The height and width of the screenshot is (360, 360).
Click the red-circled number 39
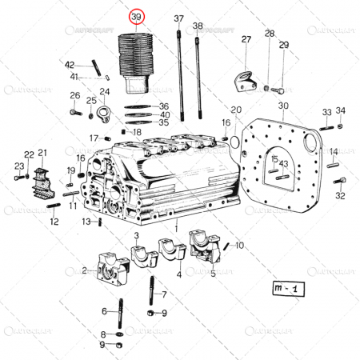[138, 17]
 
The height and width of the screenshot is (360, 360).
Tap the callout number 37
[178, 18]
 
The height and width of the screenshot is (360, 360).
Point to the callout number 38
[198, 26]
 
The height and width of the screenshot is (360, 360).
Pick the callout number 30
[283, 106]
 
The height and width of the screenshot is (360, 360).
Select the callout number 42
[70, 65]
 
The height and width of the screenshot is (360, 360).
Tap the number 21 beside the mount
[42, 152]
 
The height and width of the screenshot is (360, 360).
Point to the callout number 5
[213, 274]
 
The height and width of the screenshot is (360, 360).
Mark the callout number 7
[163, 294]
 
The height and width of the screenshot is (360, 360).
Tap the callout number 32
[340, 195]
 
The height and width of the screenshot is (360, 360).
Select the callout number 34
[341, 110]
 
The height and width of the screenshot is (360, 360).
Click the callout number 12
[54, 222]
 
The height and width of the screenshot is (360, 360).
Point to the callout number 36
[164, 106]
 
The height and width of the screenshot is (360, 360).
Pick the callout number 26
[75, 96]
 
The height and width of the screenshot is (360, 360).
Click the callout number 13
[86, 222]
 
